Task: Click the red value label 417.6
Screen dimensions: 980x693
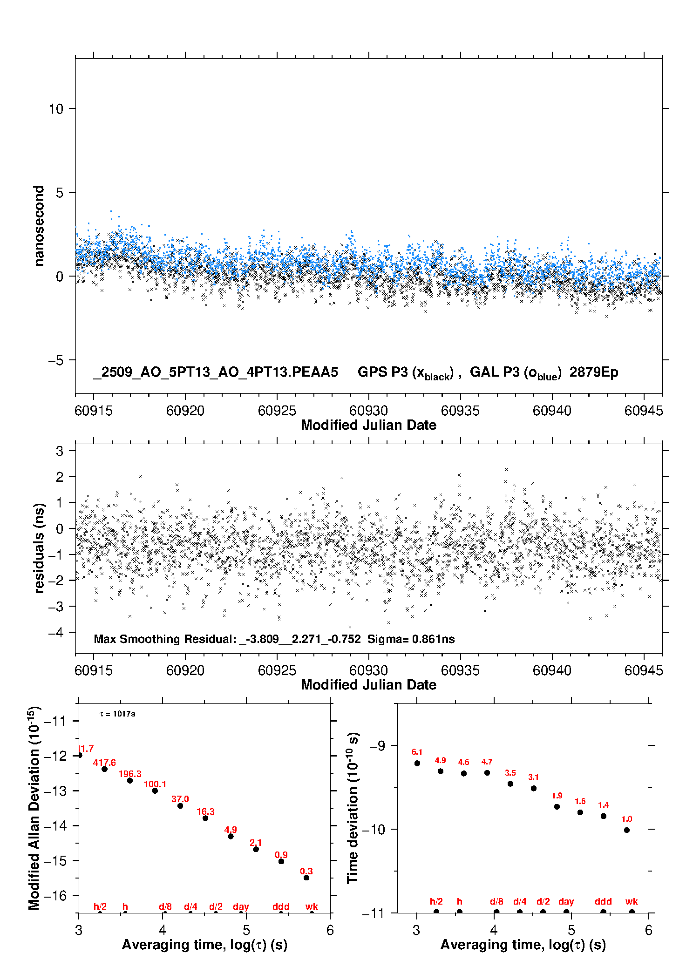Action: click(x=104, y=763)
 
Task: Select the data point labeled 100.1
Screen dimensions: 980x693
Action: click(x=155, y=791)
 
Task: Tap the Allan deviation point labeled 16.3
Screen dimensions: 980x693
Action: click(x=205, y=818)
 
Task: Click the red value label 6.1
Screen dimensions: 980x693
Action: click(x=417, y=752)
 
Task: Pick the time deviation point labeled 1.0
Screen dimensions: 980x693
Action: click(x=627, y=830)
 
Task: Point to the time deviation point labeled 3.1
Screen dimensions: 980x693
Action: click(x=534, y=788)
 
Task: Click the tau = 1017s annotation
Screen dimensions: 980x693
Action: click(x=117, y=714)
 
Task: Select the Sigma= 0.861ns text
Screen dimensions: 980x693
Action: click(x=411, y=639)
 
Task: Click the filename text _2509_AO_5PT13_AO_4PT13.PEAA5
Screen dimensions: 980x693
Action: click(x=216, y=372)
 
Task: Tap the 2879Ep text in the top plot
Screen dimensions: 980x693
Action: click(x=594, y=372)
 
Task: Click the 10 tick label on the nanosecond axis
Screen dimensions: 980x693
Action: click(x=56, y=108)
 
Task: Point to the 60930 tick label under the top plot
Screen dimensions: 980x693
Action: click(x=368, y=411)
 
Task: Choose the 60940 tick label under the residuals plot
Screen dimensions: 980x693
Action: click(x=552, y=670)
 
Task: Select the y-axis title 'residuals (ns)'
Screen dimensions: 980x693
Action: click(x=39, y=548)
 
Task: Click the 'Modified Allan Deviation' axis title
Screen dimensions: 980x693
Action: click(x=34, y=808)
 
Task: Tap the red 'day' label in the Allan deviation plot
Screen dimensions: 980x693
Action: click(x=241, y=906)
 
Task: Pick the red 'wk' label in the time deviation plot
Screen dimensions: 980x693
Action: click(x=632, y=901)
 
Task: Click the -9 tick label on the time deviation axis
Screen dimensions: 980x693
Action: click(x=377, y=745)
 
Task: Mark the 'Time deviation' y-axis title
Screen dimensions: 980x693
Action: click(x=353, y=807)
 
